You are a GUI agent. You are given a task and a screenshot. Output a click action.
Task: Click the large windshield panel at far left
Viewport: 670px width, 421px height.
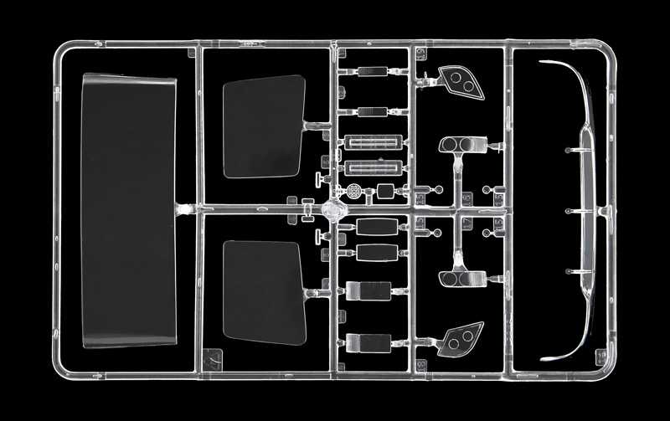coord(128,209)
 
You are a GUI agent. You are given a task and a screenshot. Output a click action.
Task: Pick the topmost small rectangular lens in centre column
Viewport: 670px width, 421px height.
coord(371,72)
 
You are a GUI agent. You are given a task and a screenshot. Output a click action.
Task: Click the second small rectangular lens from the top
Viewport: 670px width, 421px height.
coord(371,111)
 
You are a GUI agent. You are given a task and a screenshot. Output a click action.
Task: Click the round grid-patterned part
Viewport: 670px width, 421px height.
coord(356,191)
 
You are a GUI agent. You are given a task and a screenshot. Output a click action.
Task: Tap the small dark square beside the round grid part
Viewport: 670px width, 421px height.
coord(384,191)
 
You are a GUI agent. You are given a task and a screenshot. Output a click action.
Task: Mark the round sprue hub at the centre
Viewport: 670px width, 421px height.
coord(334,208)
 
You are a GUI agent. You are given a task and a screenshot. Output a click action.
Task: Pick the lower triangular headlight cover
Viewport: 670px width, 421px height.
coord(460,336)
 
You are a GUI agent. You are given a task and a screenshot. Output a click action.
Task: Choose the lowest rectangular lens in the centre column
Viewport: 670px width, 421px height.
coord(368,341)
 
